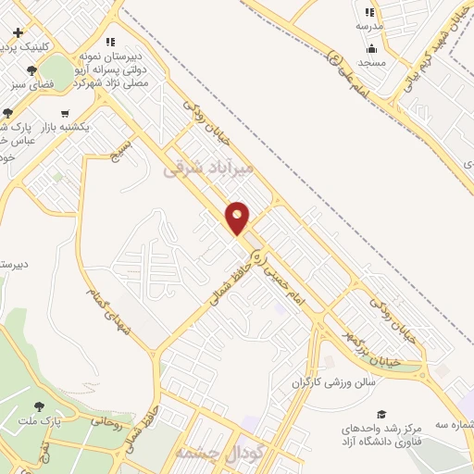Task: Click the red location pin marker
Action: tap(238, 217)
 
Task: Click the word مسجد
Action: tap(371, 62)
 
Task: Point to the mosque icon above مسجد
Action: tap(371, 48)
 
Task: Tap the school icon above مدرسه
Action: tap(369, 13)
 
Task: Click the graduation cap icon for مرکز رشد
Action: tap(380, 414)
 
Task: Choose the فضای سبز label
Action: tap(33, 84)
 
